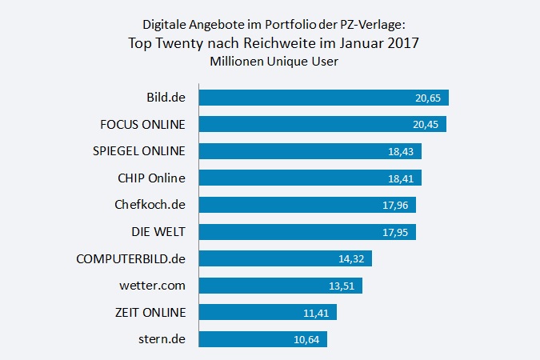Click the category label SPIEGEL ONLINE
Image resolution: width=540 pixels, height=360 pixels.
[x=138, y=151]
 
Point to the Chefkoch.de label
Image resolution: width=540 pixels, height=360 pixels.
[x=150, y=205]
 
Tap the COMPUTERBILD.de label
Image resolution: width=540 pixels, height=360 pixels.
[x=130, y=258]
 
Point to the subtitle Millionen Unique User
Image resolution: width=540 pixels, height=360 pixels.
[x=270, y=62]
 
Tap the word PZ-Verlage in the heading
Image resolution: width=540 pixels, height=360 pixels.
[x=386, y=25]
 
